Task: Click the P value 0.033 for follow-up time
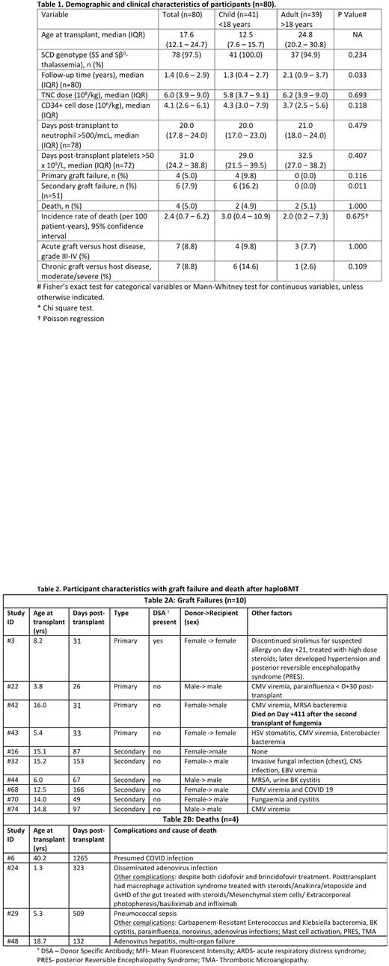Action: (343, 75)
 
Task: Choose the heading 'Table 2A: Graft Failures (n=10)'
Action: (194, 599)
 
